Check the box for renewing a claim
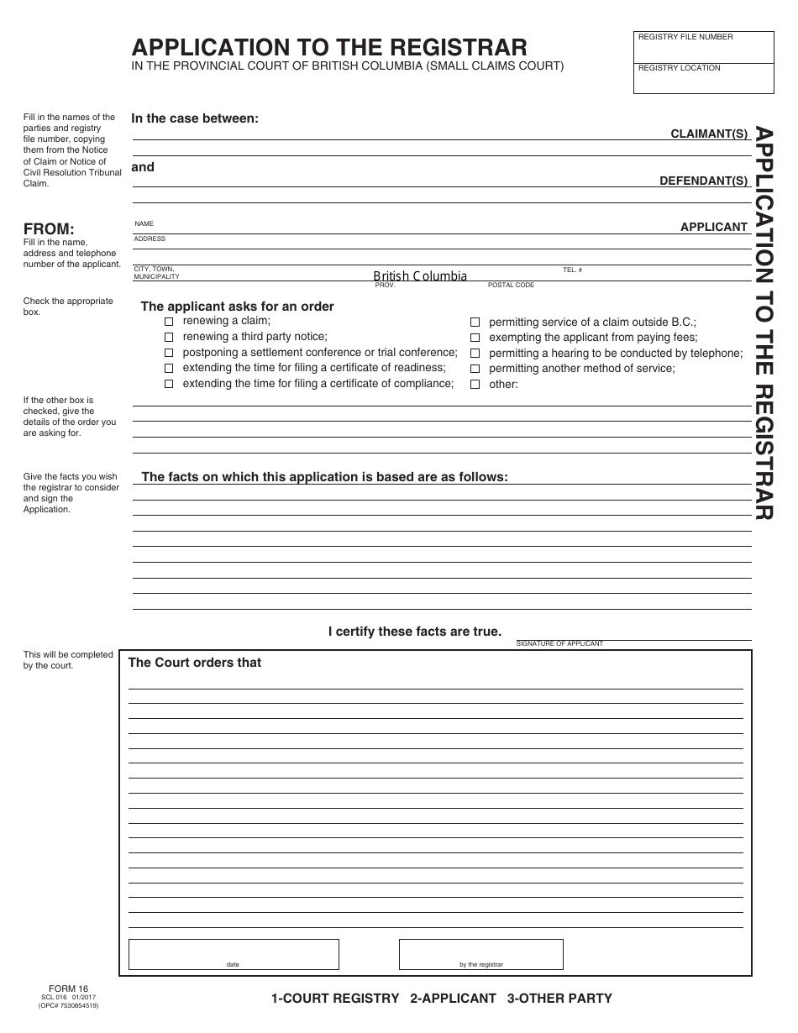pos(169,322)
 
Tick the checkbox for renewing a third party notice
pos(169,337)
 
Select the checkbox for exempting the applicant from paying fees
pos(475,338)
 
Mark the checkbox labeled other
pos(475,385)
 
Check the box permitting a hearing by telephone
pos(475,354)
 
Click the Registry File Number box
pos(703,47)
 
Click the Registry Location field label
pos(679,68)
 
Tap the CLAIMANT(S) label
pos(709,134)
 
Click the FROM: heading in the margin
pos(49,229)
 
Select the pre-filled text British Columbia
pos(420,276)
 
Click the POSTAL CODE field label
pos(511,286)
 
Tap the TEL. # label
pos(572,270)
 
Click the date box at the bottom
pos(234,954)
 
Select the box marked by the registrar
pos(480,954)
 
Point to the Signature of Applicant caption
pos(559,643)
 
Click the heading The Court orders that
pos(194,663)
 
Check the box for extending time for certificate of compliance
pos(169,384)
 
